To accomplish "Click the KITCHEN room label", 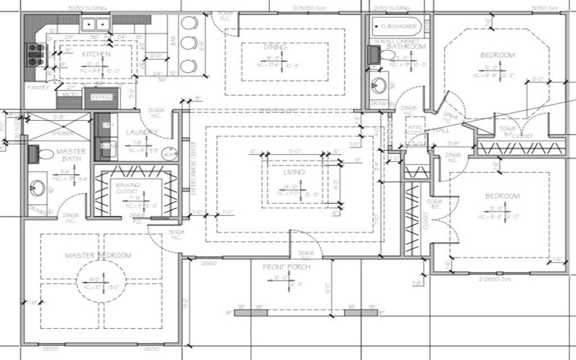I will click(x=95, y=55).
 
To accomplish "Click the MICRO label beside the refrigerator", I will click(x=71, y=94).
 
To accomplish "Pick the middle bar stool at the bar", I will click(x=188, y=44).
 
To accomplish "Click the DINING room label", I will click(x=275, y=47).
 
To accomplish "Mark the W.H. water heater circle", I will click(x=167, y=153).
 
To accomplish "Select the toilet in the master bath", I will click(x=35, y=153).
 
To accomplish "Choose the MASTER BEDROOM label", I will click(x=98, y=256).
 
